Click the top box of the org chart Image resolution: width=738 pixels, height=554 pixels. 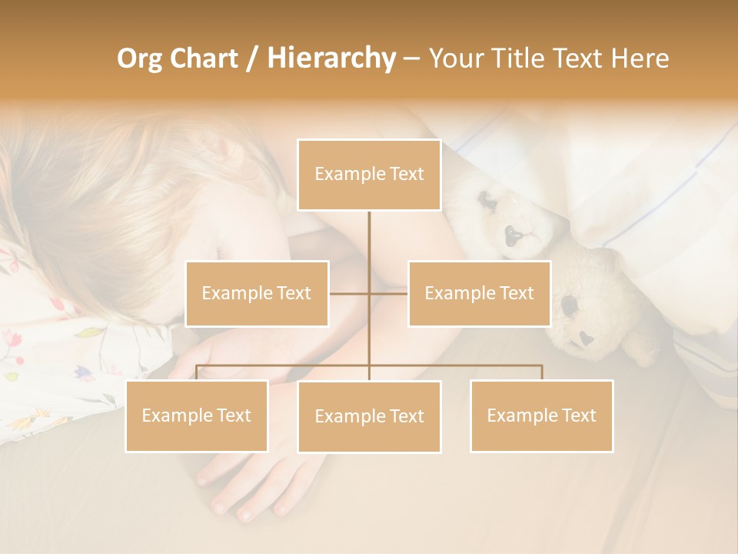(x=369, y=175)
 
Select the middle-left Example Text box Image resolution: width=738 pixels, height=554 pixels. (x=257, y=293)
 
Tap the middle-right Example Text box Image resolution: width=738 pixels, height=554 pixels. (x=479, y=293)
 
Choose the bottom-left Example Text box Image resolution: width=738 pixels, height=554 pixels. (x=197, y=415)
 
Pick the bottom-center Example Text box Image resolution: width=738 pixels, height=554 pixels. (x=369, y=416)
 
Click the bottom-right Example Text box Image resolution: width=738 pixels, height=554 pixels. (x=541, y=415)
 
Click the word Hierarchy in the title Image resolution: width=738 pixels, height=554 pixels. (x=331, y=58)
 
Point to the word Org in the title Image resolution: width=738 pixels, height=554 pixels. (x=139, y=58)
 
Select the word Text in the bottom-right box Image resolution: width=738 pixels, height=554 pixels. (x=578, y=415)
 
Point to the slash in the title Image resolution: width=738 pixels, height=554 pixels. (x=252, y=58)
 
